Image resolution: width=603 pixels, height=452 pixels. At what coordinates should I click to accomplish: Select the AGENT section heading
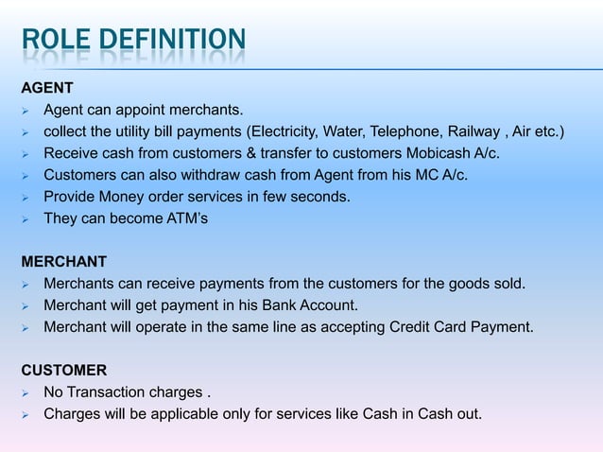coord(47,88)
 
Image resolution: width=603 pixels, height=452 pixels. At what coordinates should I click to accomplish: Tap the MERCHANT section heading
coord(63,262)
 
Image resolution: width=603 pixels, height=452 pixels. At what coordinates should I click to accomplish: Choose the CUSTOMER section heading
coord(65,371)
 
